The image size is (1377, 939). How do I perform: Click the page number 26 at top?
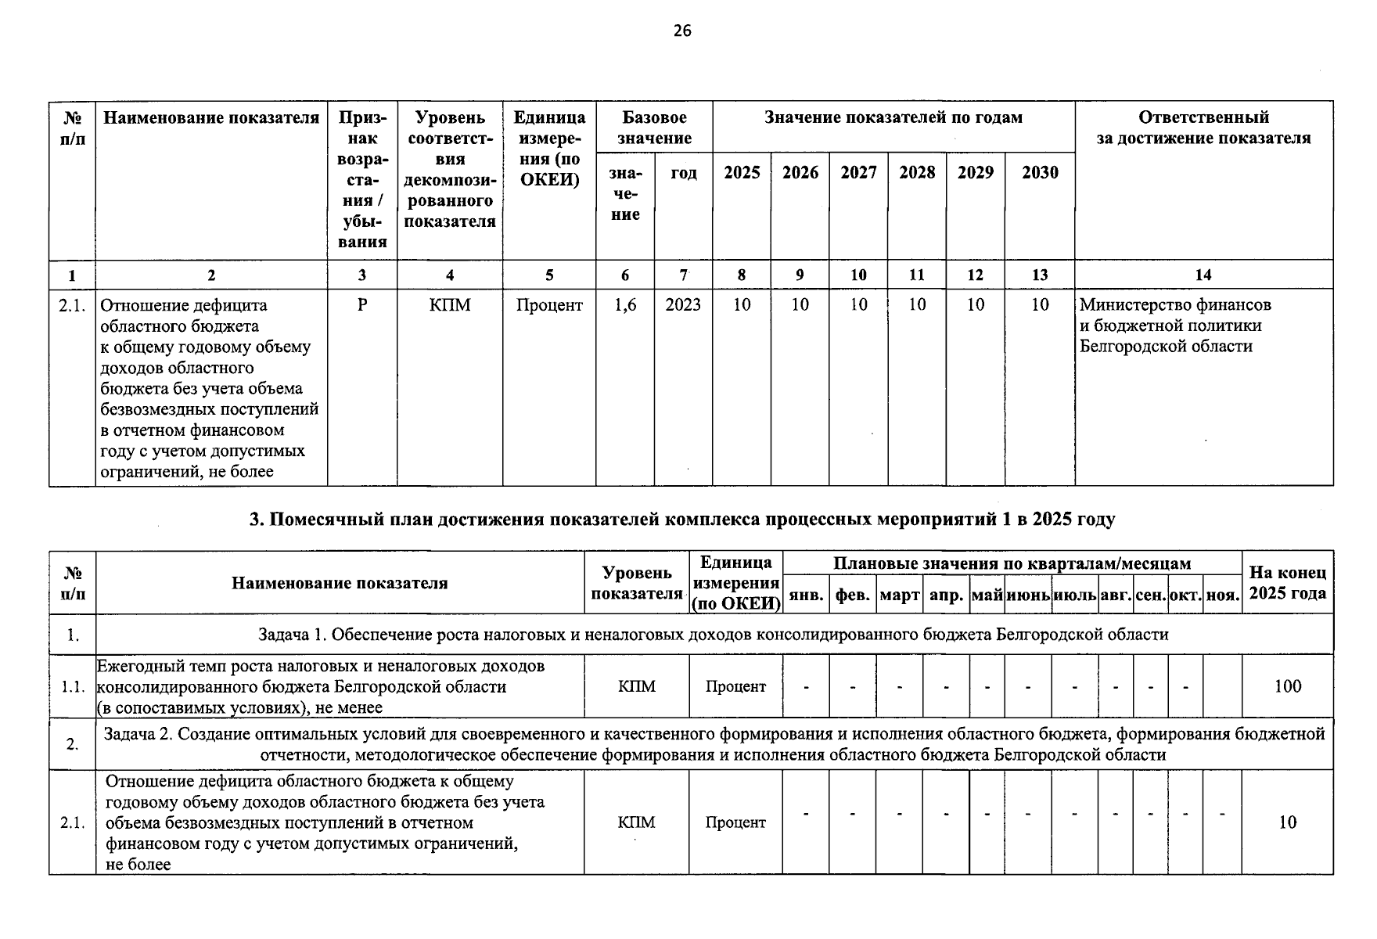pos(681,31)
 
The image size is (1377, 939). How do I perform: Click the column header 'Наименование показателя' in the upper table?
pos(211,118)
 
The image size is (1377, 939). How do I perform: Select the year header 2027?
pos(858,172)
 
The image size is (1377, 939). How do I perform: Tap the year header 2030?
pos(1039,172)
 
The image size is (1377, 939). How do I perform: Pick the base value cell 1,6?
pos(625,305)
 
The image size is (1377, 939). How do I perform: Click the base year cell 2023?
pos(683,305)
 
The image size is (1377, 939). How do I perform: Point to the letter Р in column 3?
pos(361,305)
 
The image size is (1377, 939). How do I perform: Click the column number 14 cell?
pos(1203,275)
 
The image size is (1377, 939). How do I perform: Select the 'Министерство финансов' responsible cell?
pos(1175,325)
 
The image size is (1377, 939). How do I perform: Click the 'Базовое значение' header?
pos(654,128)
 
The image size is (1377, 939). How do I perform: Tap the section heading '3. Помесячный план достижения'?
pos(681,520)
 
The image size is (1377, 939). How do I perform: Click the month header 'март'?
pos(899,595)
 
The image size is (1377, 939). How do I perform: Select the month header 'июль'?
pos(1074,595)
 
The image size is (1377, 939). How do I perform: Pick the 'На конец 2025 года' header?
pos(1287,583)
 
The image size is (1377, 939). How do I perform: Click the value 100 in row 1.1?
pos(1287,686)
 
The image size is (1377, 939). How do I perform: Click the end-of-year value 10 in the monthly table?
pos(1287,822)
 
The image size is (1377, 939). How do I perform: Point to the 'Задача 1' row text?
pos(713,635)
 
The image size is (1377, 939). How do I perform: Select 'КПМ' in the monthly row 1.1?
pos(636,686)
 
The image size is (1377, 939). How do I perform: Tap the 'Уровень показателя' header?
pos(636,583)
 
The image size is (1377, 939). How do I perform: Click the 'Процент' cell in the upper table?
pos(548,305)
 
